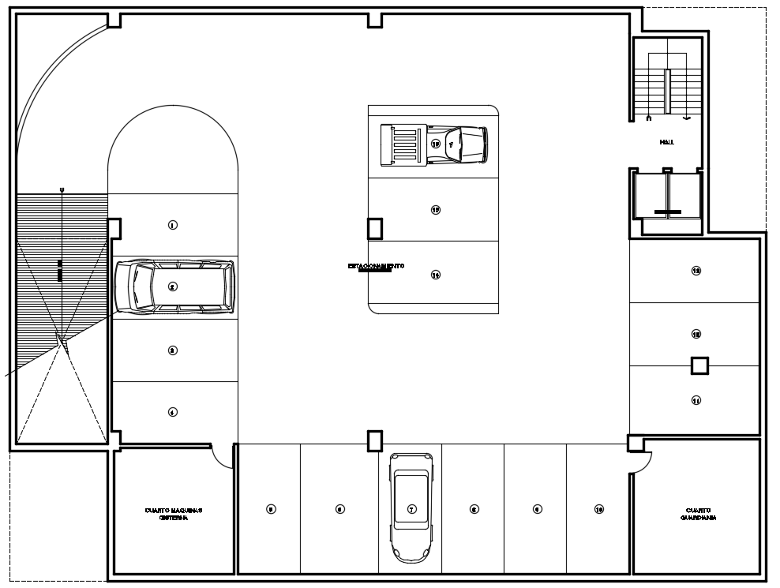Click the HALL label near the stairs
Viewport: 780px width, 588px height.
667,142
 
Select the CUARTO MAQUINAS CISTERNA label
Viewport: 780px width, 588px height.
174,514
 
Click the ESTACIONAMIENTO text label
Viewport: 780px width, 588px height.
376,267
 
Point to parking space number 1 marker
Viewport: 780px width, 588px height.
173,225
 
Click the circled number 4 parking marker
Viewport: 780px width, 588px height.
173,411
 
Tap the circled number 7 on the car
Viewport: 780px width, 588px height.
411,509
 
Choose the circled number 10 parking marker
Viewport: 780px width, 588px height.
599,509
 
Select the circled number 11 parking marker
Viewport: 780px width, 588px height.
696,400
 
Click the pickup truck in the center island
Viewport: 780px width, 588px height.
433,144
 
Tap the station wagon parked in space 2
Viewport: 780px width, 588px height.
174,287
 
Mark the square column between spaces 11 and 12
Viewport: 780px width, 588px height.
699,365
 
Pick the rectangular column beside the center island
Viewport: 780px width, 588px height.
375,228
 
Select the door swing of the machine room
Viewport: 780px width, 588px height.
221,458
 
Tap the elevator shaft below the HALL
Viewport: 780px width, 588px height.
668,197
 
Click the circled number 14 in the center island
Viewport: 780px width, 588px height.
435,275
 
